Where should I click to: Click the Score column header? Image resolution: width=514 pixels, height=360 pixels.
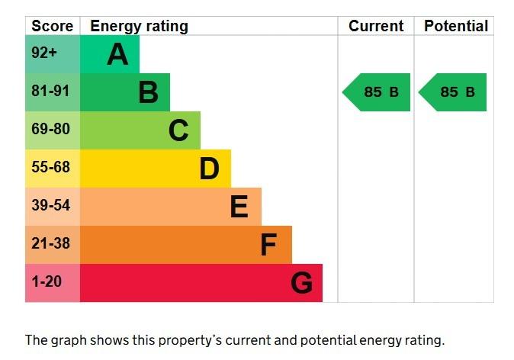click(52, 26)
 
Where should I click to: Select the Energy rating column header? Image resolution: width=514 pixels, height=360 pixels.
click(139, 26)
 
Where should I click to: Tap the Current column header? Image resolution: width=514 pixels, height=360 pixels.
click(376, 26)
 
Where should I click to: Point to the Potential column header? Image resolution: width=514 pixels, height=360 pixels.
click(455, 26)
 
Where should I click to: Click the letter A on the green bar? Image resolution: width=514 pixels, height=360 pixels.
click(117, 54)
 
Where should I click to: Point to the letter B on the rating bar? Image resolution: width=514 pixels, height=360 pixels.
click(148, 92)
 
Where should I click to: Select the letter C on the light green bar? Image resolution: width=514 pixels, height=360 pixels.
click(178, 130)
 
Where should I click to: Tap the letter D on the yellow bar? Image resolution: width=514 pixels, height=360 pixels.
click(209, 169)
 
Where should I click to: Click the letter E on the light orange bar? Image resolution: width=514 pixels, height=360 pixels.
click(239, 207)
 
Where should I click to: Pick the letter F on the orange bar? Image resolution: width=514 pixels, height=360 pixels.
click(268, 245)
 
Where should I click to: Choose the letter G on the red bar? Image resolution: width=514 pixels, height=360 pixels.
click(301, 283)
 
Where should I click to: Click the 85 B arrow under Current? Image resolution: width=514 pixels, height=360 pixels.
click(377, 92)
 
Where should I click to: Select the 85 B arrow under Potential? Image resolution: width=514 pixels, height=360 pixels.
click(454, 92)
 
